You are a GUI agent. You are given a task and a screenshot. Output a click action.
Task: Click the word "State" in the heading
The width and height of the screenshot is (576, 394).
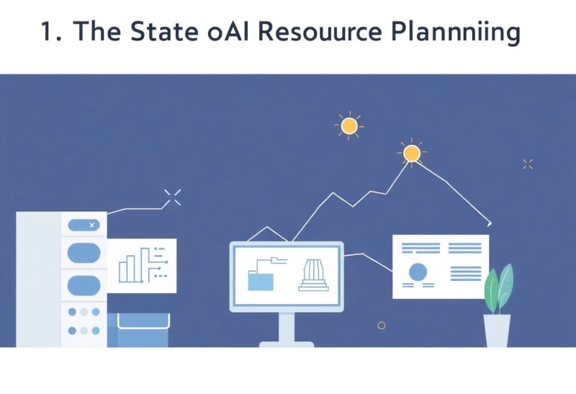(x=164, y=31)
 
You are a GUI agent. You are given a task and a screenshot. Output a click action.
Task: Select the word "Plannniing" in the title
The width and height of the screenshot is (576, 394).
(x=456, y=32)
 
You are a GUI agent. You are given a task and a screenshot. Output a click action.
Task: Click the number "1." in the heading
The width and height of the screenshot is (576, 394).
(x=51, y=31)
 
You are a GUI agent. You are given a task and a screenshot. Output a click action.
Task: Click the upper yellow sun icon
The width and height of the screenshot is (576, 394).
(x=349, y=126)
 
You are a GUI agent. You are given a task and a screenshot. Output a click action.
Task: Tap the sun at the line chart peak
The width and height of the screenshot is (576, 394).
(x=411, y=153)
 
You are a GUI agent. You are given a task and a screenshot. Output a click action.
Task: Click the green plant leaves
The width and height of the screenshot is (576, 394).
(x=498, y=290)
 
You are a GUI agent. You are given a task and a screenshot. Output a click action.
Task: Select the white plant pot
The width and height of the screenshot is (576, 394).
(x=497, y=331)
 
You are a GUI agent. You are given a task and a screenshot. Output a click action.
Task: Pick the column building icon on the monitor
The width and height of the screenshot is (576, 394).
(x=313, y=276)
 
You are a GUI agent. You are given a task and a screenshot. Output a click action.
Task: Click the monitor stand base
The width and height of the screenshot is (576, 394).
(x=287, y=344)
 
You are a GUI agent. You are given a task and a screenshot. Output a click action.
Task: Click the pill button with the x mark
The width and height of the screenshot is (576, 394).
(x=84, y=225)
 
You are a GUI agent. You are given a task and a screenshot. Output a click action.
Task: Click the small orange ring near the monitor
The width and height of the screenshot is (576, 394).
(x=382, y=326)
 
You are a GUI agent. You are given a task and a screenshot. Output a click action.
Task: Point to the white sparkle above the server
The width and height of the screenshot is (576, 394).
(x=172, y=197)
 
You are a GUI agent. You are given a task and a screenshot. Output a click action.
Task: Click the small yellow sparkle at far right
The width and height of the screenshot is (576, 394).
(x=528, y=164)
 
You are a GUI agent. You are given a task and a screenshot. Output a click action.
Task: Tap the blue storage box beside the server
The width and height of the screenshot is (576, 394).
(x=138, y=330)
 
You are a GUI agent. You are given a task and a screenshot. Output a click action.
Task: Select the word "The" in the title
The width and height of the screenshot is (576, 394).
(x=97, y=31)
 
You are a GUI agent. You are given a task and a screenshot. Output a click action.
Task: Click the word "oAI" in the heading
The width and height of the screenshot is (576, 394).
(x=228, y=31)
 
